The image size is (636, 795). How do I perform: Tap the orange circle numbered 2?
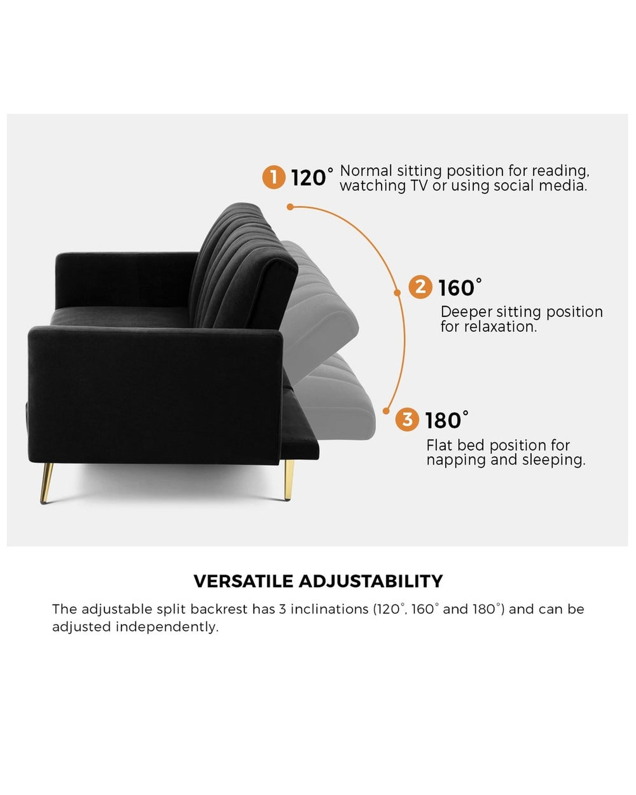(420, 287)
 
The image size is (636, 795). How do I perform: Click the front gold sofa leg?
(46, 483)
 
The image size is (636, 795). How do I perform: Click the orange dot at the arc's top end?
(290, 207)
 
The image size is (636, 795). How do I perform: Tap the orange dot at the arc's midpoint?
(397, 293)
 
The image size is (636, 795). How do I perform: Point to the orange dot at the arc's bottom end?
(386, 411)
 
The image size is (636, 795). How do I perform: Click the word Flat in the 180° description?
(439, 446)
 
